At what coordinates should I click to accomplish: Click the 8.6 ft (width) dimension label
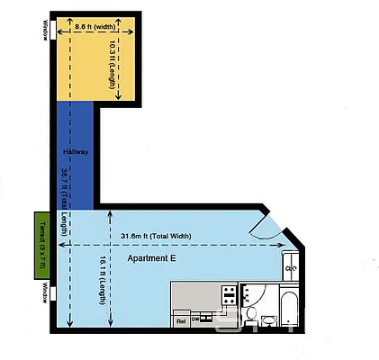pyautogui.click(x=94, y=27)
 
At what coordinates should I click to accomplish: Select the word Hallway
pyautogui.click(x=77, y=152)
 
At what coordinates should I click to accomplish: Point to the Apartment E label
pyautogui.click(x=151, y=258)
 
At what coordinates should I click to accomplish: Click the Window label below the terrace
pyautogui.click(x=44, y=294)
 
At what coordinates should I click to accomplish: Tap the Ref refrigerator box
pyautogui.click(x=181, y=319)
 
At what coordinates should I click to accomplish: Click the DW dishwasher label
pyautogui.click(x=195, y=318)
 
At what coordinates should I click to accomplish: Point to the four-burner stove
pyautogui.click(x=229, y=293)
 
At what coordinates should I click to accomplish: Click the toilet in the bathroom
pyautogui.click(x=267, y=318)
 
